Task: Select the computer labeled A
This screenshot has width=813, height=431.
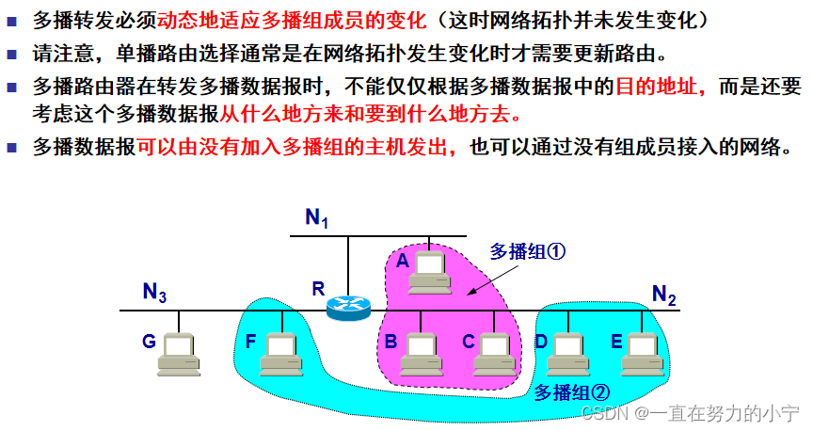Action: click(x=431, y=270)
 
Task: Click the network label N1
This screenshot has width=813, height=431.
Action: click(x=317, y=218)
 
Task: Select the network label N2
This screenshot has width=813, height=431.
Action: click(x=664, y=295)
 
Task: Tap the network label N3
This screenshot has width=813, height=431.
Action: click(x=155, y=293)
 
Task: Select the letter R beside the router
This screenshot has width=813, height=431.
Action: click(x=318, y=289)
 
